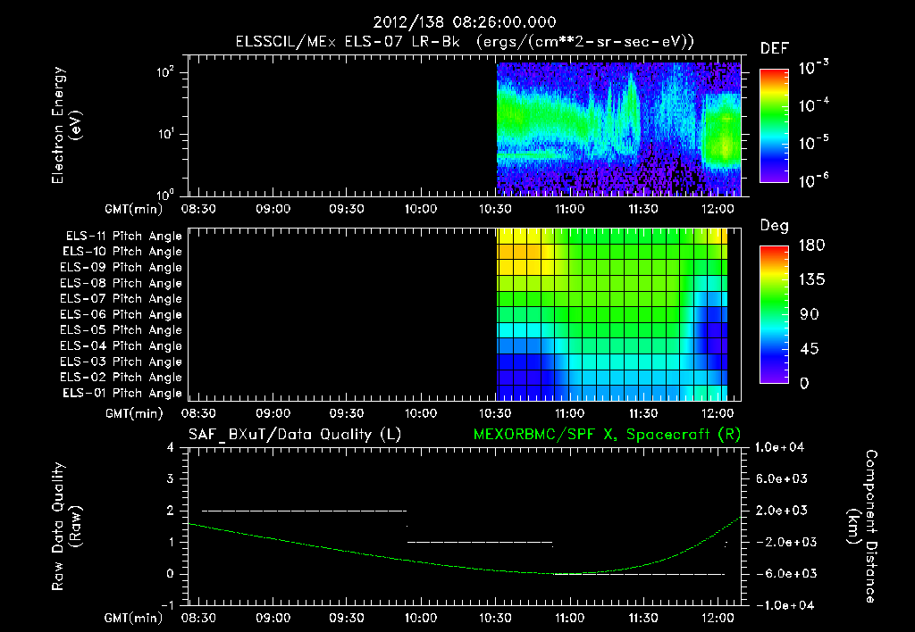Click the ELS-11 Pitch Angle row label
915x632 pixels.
point(123,237)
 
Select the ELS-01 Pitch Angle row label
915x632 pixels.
point(123,394)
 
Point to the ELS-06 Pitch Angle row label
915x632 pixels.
point(123,315)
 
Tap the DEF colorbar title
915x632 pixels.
point(774,49)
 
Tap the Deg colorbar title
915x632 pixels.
point(774,226)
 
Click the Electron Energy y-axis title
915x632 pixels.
point(66,127)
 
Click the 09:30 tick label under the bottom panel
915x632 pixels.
point(347,618)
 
